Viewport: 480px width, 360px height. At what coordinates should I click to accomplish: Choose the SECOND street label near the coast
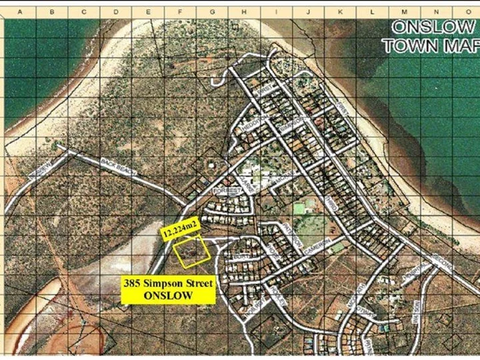(442, 259)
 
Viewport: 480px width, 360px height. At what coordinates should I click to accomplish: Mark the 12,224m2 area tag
(180, 231)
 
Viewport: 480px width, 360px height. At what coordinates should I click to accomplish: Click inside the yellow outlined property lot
(191, 253)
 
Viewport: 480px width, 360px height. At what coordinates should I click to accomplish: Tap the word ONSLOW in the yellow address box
(168, 295)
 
